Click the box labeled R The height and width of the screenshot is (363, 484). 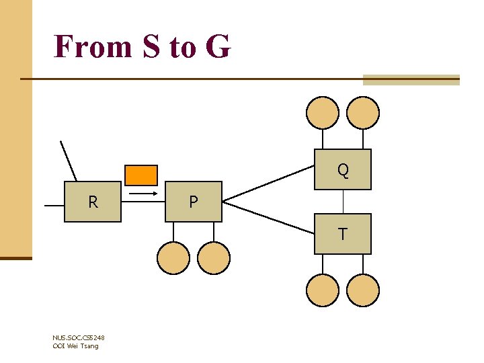click(93, 202)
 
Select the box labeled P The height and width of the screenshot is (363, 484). click(194, 202)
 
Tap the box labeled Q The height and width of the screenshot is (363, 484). click(343, 169)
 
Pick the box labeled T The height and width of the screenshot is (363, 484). click(343, 234)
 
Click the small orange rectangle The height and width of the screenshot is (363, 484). click(141, 175)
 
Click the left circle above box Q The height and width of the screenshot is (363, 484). click(323, 112)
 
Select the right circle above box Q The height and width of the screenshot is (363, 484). click(363, 112)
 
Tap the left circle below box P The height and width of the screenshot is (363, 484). click(173, 258)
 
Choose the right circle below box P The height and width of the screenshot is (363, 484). click(214, 258)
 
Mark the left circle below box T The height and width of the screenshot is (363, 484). click(323, 290)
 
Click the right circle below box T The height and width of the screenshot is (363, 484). click(363, 290)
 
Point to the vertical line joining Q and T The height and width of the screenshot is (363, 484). click(343, 202)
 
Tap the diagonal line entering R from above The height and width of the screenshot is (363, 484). click(69, 161)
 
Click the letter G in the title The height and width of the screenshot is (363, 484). click(218, 47)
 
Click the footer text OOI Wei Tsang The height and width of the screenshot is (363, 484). click(75, 346)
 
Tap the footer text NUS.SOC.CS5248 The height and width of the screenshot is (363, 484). click(78, 337)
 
